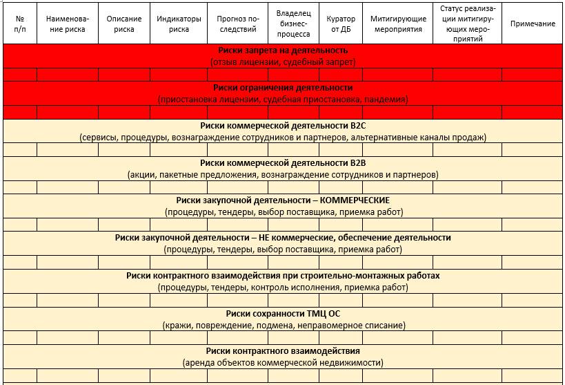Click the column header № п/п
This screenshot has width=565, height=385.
19,24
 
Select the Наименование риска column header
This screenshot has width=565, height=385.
68,24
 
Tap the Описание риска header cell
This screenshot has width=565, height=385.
124,24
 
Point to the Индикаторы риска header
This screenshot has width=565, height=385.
179,24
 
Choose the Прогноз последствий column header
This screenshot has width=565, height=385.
237,24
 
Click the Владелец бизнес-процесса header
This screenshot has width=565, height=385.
293,23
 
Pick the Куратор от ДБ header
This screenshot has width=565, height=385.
341,24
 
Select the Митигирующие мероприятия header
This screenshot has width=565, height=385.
397,24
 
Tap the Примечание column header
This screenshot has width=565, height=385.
533,24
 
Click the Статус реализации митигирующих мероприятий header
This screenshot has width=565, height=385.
467,24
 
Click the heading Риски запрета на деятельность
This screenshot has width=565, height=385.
283,50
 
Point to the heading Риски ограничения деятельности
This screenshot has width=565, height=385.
283,88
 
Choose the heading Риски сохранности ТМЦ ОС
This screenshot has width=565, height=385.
283,312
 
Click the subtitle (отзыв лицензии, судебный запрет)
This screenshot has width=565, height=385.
283,62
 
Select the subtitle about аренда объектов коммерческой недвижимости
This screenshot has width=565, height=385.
283,362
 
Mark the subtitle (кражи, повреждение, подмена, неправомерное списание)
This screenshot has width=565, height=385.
283,325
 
